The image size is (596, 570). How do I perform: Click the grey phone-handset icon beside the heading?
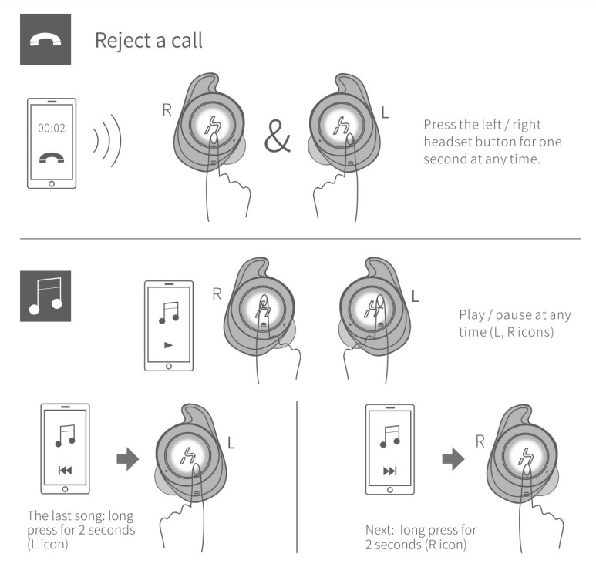45,39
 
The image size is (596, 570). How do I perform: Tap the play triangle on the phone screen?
169,346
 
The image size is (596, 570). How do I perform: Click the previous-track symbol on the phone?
64,468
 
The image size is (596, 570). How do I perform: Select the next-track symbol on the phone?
389,468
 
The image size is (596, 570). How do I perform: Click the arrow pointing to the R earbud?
452,459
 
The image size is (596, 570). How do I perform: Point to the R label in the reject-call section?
166,109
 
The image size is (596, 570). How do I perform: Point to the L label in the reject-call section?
386,112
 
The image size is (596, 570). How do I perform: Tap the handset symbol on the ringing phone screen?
52,159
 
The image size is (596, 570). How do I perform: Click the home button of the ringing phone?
52,184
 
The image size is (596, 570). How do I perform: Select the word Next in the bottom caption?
379,530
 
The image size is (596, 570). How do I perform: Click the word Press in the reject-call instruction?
439,125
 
